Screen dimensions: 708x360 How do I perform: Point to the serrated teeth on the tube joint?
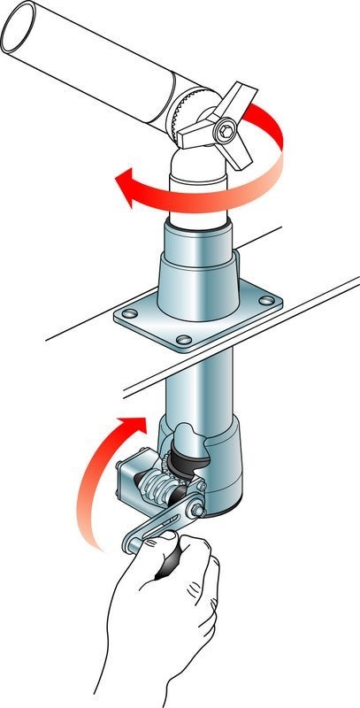pyautogui.click(x=183, y=113)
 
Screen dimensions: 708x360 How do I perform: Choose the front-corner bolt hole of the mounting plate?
pyautogui.click(x=183, y=340)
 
